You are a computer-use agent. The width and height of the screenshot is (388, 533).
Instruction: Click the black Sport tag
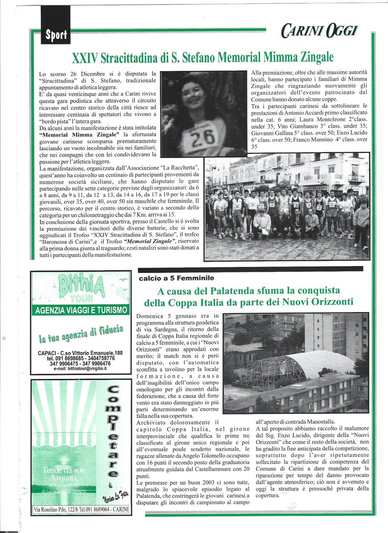(x=55, y=35)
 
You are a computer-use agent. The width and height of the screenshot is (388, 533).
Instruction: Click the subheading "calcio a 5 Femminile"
(x=176, y=278)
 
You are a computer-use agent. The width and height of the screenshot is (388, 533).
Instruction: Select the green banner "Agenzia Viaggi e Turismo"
(x=81, y=310)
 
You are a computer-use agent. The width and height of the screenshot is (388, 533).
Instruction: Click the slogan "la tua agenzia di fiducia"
(x=81, y=335)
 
